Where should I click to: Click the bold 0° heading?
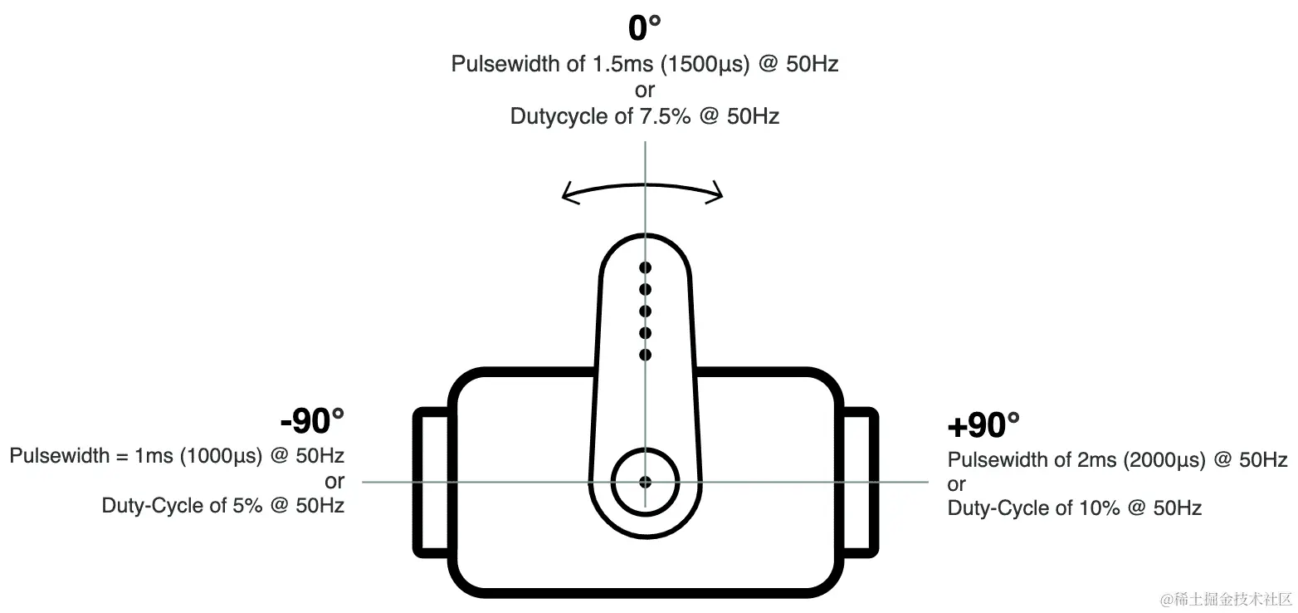[644, 28]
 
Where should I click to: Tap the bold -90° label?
[312, 421]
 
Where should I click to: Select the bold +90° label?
[983, 425]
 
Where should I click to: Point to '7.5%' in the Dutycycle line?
[666, 116]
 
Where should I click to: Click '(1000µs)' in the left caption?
[222, 456]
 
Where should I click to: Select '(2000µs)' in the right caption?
[1164, 460]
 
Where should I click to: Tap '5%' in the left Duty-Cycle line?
[247, 506]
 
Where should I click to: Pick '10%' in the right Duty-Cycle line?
[1099, 508]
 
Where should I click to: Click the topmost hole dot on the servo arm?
[645, 267]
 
